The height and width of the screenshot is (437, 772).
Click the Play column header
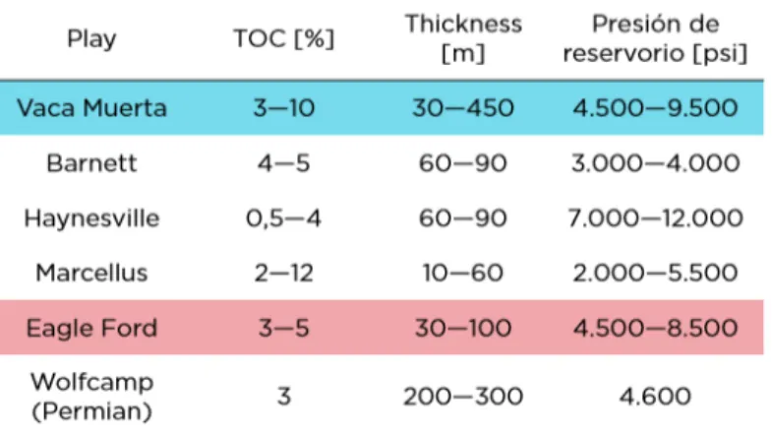point(91,38)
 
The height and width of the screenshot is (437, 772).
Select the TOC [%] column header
point(283,38)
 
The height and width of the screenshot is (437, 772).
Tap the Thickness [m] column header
point(463,38)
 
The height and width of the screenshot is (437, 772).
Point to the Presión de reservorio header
point(655,38)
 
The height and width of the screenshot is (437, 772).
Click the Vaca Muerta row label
point(91,108)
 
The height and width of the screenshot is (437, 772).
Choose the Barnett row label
point(91,163)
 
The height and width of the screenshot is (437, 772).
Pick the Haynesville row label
point(91,218)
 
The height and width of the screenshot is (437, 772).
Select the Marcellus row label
point(91,273)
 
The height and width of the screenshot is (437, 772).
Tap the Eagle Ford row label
point(91,328)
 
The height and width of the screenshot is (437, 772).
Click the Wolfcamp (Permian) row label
point(91,397)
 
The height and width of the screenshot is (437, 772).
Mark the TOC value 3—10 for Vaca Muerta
point(283,108)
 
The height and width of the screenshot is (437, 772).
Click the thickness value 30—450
point(463,108)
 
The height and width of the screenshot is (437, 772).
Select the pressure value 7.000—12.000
point(655,218)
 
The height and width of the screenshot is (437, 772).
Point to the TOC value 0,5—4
point(283,218)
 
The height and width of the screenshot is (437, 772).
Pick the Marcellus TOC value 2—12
point(283,273)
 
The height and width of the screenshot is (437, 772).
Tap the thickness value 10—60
point(463,273)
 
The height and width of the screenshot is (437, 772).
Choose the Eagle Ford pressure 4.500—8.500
point(655,328)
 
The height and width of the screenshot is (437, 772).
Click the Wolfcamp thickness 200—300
point(463,397)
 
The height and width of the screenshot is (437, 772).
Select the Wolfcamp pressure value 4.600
point(655,397)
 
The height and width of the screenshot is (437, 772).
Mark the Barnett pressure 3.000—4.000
point(655,163)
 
